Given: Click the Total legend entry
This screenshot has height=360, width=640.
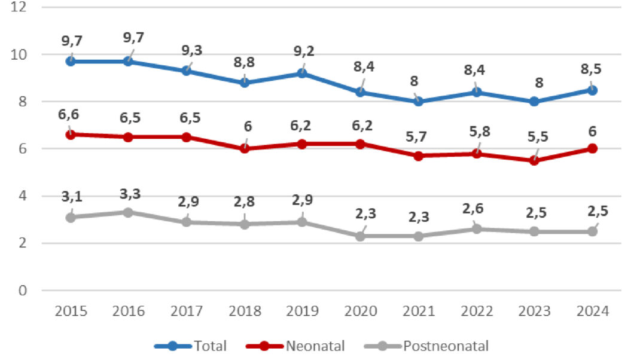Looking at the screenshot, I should coord(191,346).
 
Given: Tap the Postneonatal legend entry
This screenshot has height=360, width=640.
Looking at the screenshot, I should coord(426,346).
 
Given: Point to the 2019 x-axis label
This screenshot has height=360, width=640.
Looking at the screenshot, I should coord(303,312).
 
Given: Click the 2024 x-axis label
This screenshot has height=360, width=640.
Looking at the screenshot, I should coord(592,312).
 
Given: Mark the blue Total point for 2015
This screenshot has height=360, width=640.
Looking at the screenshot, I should coord(71,61).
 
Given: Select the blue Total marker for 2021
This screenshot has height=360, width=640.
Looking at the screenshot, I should coord(418,102).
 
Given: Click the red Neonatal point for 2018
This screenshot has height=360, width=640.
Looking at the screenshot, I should coord(245,148).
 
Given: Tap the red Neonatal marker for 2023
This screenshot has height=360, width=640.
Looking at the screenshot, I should coord(534,160).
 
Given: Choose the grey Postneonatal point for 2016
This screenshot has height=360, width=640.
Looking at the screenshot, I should coord(129,212).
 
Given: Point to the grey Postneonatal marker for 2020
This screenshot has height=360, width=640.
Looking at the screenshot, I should coord(360,236).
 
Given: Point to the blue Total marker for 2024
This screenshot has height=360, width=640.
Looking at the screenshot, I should coord(592,90).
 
